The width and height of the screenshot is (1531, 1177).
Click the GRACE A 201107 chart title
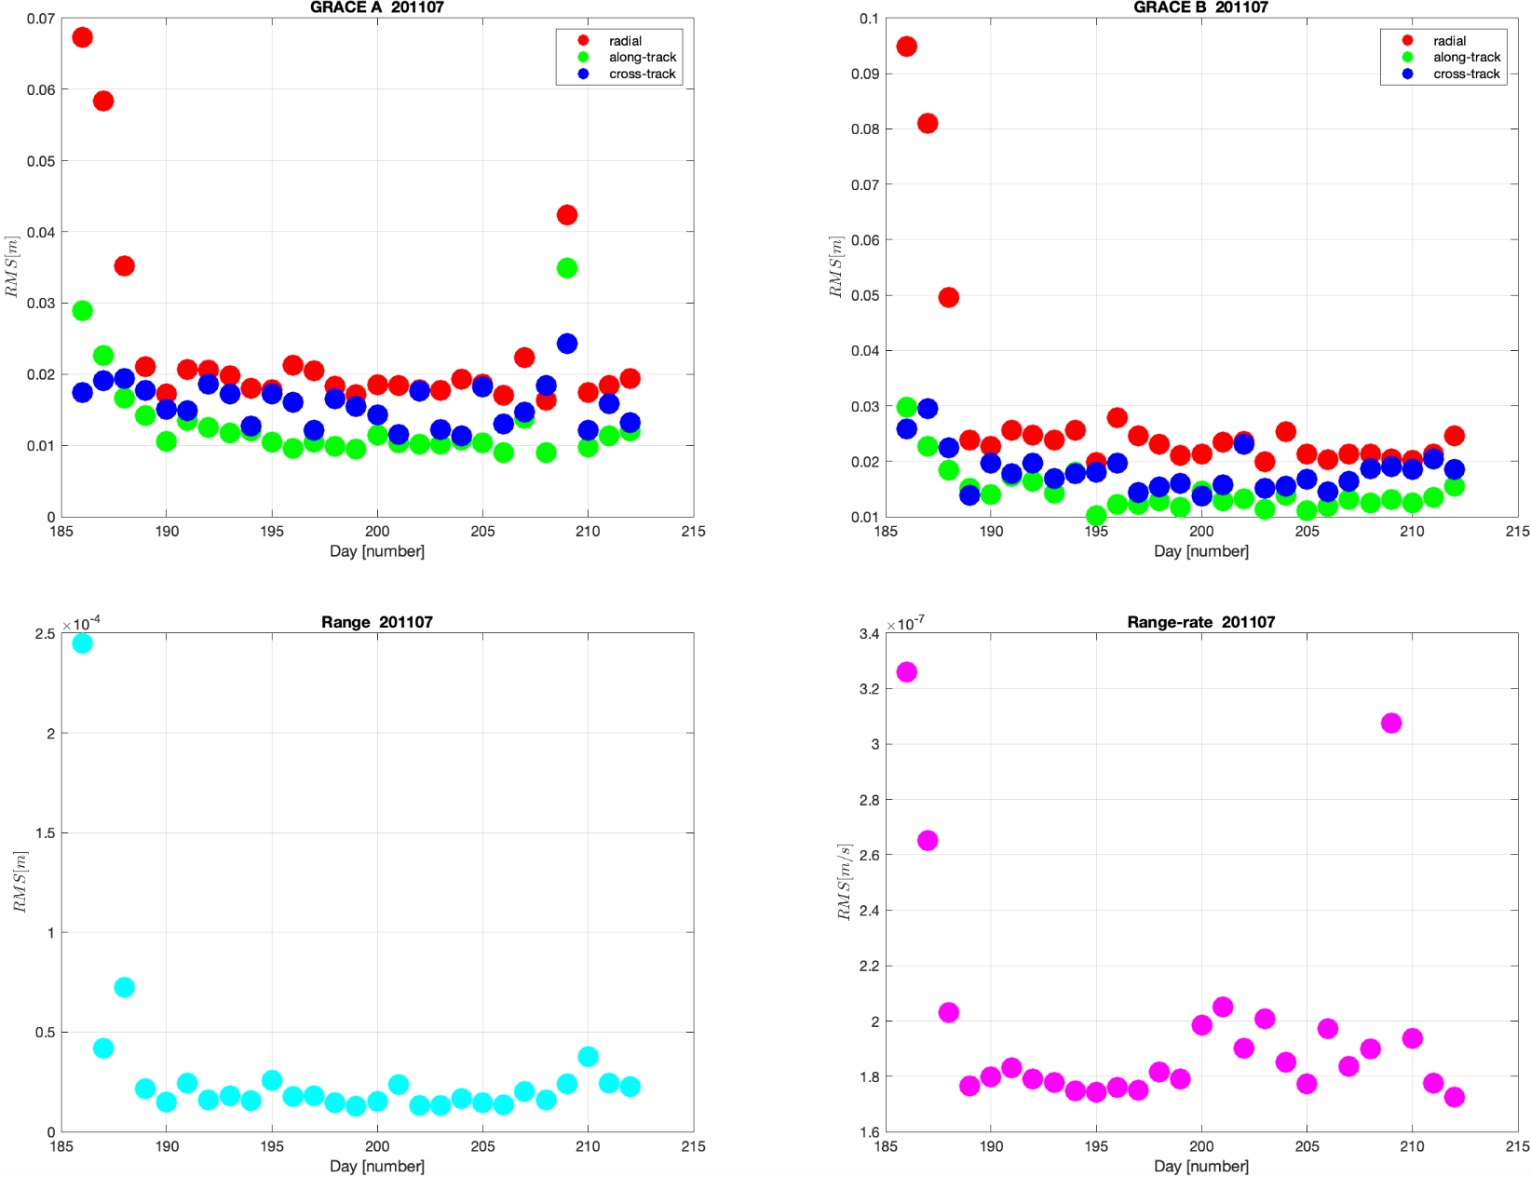click(x=376, y=7)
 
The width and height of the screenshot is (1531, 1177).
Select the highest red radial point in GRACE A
click(x=82, y=37)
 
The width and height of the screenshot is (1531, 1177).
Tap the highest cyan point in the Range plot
click(x=82, y=643)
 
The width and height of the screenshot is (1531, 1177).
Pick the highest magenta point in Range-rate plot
click(x=906, y=672)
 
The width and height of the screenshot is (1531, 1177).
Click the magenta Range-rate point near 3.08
click(x=1391, y=724)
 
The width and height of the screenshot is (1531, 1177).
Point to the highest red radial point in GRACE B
click(x=906, y=47)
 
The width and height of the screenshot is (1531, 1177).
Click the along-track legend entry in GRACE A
click(x=642, y=58)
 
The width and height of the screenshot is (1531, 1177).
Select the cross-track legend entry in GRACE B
click(x=1466, y=74)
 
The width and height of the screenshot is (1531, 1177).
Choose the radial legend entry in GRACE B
click(x=1449, y=41)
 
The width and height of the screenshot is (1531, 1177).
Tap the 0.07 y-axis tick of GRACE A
click(x=40, y=19)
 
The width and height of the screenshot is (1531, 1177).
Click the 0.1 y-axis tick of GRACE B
click(x=868, y=19)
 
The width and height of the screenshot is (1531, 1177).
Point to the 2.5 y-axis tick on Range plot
click(x=45, y=634)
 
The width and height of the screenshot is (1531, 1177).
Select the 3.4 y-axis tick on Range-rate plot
click(x=868, y=634)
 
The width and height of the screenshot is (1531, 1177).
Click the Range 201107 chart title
click(x=376, y=622)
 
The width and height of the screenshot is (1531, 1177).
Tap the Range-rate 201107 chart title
click(x=1200, y=622)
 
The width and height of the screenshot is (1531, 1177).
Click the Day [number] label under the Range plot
click(x=376, y=1166)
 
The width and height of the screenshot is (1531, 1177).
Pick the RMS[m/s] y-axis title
click(x=844, y=882)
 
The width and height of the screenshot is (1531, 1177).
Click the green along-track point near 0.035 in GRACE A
click(x=566, y=268)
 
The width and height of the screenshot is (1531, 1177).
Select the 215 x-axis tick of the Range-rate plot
click(x=1517, y=1146)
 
